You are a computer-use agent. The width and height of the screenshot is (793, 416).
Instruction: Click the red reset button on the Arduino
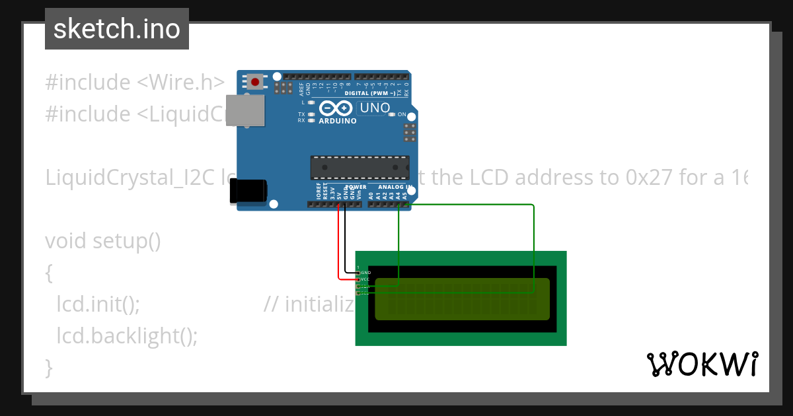click(x=255, y=83)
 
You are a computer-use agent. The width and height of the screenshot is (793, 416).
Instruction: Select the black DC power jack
click(x=248, y=191)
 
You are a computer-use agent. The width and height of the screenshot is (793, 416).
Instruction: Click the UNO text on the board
click(x=374, y=108)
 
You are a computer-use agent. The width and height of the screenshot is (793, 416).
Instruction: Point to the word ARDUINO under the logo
click(x=338, y=121)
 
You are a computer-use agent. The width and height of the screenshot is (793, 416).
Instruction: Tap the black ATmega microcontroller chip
click(x=359, y=168)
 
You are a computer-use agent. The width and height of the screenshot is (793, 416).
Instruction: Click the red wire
click(x=339, y=244)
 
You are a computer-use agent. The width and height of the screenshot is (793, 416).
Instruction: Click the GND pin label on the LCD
click(x=365, y=272)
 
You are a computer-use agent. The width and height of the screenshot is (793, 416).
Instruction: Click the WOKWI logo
click(x=702, y=364)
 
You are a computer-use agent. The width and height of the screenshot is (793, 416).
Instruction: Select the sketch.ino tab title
click(x=116, y=29)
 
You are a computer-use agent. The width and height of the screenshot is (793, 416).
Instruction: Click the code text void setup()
click(x=103, y=241)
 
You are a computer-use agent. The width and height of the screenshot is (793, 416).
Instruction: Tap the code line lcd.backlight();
click(x=127, y=336)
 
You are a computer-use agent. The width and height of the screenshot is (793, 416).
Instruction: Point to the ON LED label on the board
click(x=402, y=114)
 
